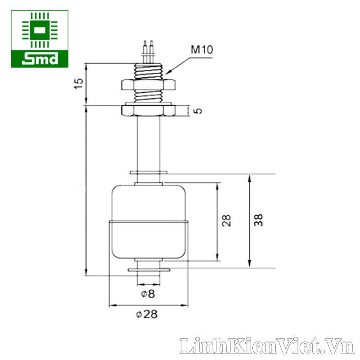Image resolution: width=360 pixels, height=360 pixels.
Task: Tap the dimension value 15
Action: coord(79,83)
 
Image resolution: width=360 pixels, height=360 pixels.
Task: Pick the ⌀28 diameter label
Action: coord(148,315)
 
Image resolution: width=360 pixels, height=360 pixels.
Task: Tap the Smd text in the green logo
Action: coord(40,58)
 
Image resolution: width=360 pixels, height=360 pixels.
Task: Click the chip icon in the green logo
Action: coord(40,31)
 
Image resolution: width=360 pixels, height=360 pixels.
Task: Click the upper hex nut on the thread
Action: coord(148,84)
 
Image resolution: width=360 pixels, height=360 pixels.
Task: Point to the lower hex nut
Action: coord(148,110)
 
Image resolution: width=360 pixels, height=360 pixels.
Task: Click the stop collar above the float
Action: coord(148,172)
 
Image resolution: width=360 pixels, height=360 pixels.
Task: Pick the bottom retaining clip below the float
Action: coord(148,270)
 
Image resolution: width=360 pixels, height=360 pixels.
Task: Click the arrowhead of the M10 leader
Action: coord(166,73)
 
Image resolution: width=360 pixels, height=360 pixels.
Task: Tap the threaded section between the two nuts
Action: coord(148,97)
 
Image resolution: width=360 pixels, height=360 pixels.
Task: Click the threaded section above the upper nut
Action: coord(148,70)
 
